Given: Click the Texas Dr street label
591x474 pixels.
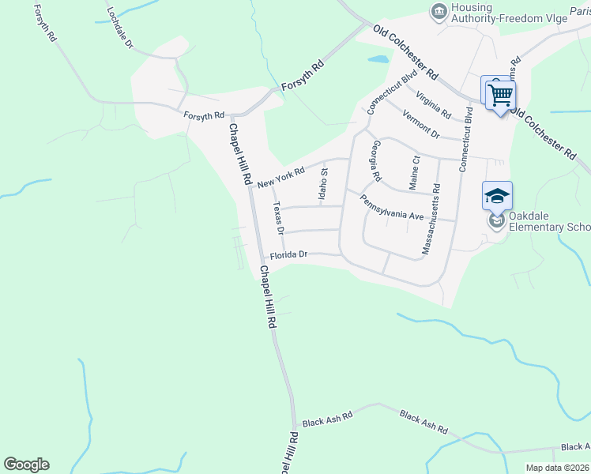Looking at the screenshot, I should pyautogui.click(x=277, y=217).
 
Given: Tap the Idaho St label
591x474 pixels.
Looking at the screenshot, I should pyautogui.click(x=323, y=190).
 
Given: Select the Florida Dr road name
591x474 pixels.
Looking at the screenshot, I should pyautogui.click(x=288, y=255).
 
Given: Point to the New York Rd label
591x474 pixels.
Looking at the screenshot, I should pyautogui.click(x=280, y=178).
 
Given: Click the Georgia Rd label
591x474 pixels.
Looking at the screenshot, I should pyautogui.click(x=377, y=160).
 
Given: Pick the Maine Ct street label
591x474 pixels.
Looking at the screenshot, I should pyautogui.click(x=414, y=171).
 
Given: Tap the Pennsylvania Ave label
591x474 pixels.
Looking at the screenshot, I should pyautogui.click(x=393, y=207).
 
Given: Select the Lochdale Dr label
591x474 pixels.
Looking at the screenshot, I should pyautogui.click(x=119, y=30).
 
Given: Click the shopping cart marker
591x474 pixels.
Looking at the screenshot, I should pyautogui.click(x=499, y=95).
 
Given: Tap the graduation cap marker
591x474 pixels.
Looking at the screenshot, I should pyautogui.click(x=497, y=195).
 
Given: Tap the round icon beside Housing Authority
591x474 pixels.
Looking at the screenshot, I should pyautogui.click(x=438, y=11).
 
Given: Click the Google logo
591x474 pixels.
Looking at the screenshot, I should pyautogui.click(x=26, y=465).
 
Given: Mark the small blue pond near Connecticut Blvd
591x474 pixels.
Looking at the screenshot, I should pyautogui.click(x=378, y=58).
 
